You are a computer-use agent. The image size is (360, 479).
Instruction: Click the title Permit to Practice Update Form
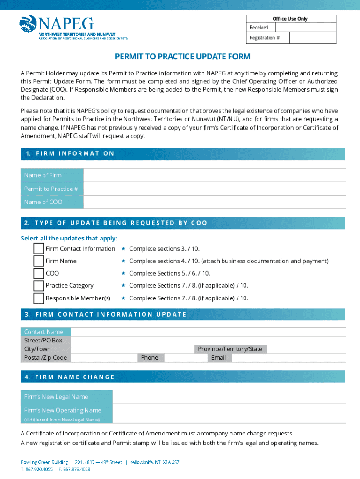click(183, 57)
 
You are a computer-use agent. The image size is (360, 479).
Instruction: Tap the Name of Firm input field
click(215, 175)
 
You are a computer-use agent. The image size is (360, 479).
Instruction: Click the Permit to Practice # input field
click(215, 189)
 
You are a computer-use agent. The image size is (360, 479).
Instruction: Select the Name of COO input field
click(215, 202)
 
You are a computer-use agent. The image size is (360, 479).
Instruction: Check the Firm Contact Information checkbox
click(39, 248)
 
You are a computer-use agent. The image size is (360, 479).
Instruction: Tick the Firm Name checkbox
click(39, 261)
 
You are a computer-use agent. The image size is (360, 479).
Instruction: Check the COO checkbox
click(39, 273)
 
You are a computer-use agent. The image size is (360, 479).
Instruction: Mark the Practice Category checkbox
click(39, 285)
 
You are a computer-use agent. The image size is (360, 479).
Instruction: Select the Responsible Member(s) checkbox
click(39, 298)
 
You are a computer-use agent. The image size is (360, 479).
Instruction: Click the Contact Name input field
click(208, 332)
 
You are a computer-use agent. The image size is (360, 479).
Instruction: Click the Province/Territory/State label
click(230, 349)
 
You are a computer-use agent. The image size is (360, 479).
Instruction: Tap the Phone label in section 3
click(150, 357)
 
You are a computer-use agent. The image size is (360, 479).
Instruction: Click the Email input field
click(288, 357)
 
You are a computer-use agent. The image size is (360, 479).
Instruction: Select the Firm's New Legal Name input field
click(229, 397)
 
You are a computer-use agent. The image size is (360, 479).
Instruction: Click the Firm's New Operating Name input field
click(229, 414)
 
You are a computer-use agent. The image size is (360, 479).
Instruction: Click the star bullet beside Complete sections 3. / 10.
click(123, 248)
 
